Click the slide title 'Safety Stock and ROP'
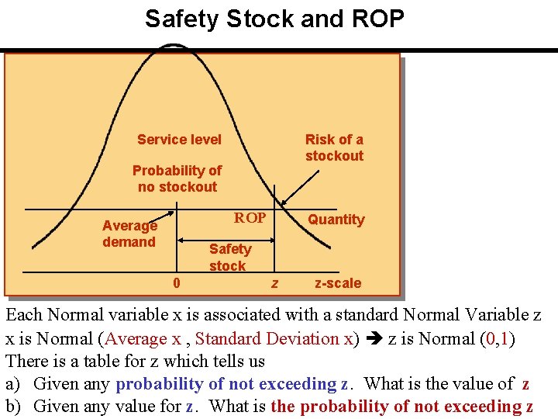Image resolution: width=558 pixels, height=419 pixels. [x=274, y=19]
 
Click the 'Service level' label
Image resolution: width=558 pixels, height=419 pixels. [x=179, y=140]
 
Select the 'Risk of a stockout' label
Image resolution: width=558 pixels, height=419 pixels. [x=334, y=147]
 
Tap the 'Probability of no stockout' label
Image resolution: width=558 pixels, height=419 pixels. [x=177, y=178]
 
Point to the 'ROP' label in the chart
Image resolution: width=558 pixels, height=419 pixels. [x=250, y=218]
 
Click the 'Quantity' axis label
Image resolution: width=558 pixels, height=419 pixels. [x=336, y=220]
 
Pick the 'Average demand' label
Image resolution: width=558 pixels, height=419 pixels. [x=129, y=234]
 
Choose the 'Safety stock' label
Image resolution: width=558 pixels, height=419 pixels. [x=229, y=257]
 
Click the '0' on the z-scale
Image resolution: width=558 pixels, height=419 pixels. [x=177, y=283]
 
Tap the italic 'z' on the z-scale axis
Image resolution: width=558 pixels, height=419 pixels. [x=274, y=284]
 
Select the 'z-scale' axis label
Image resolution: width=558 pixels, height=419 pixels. [x=338, y=283]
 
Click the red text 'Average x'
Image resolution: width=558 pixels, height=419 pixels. [x=143, y=338]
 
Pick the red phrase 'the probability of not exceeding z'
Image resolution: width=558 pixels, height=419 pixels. [x=401, y=406]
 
